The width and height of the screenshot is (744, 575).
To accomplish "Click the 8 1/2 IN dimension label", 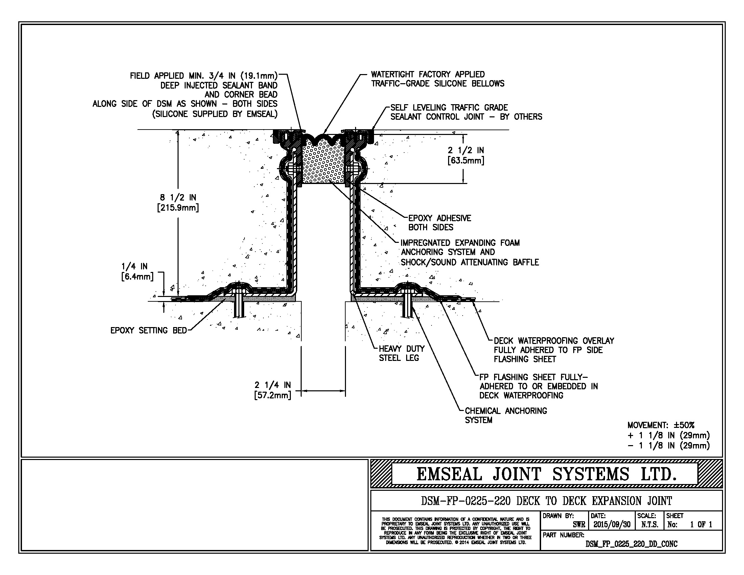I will point(178,202).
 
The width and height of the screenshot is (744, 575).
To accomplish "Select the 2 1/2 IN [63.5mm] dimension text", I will point(466,155).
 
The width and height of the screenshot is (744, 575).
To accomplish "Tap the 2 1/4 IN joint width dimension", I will point(273,390).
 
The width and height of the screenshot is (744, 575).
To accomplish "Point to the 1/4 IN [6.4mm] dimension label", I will point(137,271).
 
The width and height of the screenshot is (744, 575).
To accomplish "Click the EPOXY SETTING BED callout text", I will point(148,330).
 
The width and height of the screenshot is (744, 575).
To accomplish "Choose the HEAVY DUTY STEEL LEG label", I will point(402,353).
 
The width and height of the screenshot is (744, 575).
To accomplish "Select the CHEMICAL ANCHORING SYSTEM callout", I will point(506,415).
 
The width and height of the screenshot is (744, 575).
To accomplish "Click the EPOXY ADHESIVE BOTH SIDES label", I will point(439,223).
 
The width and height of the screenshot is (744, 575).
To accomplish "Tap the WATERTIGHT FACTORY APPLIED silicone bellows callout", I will point(437,79).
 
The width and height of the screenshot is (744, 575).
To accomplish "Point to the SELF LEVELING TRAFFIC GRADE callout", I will point(466,112).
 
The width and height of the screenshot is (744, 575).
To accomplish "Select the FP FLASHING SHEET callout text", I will point(538,386).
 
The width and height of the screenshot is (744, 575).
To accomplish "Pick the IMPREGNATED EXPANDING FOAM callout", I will point(469,252).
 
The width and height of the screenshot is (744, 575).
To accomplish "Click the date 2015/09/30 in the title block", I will point(612,524).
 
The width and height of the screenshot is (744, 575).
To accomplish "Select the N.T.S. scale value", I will point(649,524).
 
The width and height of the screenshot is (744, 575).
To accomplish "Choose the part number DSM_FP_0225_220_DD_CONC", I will point(631,544).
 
